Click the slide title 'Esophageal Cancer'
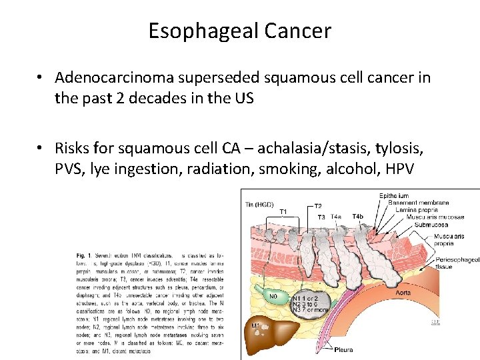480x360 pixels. coord(239,31)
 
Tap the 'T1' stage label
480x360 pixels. coord(283,212)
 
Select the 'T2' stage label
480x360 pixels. coord(318,206)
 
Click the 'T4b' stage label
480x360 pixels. coord(357,217)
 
